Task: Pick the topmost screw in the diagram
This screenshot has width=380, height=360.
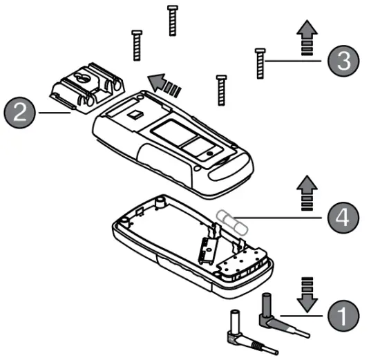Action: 172,20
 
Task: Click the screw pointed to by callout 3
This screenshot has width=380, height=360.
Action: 260,64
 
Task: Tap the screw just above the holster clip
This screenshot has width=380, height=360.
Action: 137,46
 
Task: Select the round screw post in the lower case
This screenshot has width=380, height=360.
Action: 161,202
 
